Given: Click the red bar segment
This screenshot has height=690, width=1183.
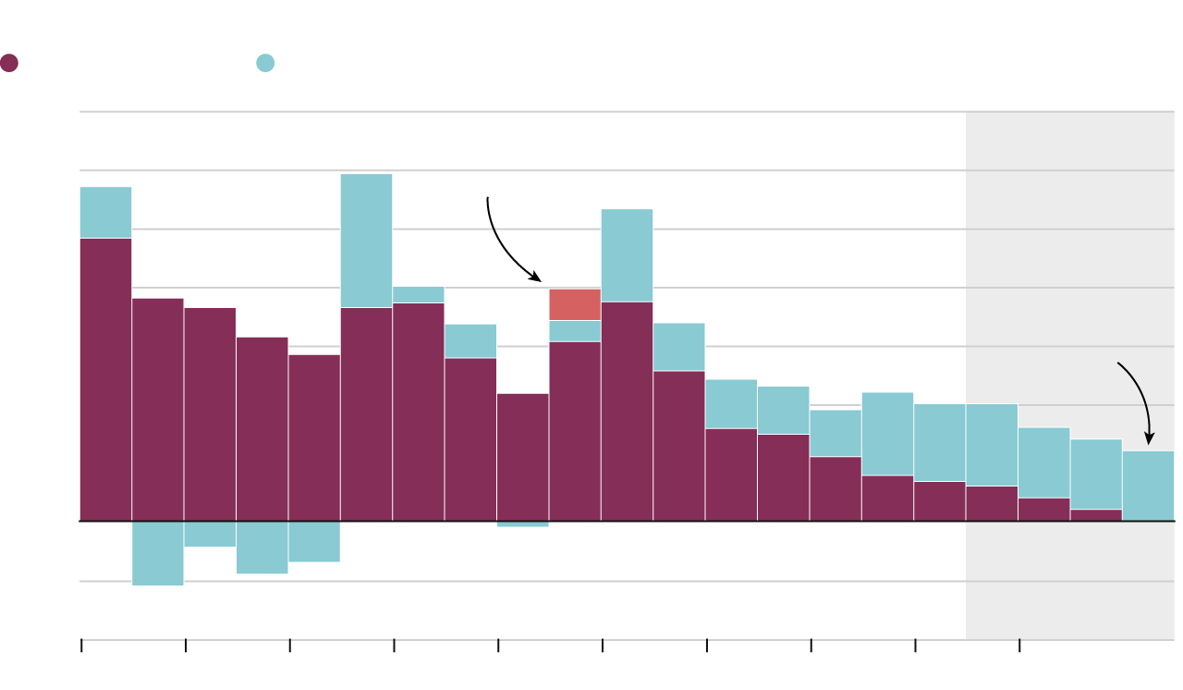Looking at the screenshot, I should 575,304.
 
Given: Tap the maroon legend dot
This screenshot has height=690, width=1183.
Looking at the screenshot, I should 9,63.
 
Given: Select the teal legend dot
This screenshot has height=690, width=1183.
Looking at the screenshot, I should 265,63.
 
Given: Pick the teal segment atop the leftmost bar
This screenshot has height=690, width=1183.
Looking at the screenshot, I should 105,213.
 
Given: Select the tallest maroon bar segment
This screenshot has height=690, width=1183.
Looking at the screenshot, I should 105,379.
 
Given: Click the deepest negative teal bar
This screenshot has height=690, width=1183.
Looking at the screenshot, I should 158,553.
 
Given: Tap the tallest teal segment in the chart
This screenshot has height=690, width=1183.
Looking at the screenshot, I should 366,240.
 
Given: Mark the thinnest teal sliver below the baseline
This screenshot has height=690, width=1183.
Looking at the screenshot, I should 522,524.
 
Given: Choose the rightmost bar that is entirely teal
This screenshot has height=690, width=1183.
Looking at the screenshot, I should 1148,486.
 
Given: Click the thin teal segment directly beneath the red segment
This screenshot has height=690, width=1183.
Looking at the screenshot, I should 575,331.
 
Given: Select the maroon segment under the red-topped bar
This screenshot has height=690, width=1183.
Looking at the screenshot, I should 575,431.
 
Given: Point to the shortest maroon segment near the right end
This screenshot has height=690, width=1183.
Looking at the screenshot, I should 1096,515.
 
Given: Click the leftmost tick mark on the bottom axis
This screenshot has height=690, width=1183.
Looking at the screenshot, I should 81,646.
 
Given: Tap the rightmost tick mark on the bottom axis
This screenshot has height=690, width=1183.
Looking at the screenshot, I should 1019,646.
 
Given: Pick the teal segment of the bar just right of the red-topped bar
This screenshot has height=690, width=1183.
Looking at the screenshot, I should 627,255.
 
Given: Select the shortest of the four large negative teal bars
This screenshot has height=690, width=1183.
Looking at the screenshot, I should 210,534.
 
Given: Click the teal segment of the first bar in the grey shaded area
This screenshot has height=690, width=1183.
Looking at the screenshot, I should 992,445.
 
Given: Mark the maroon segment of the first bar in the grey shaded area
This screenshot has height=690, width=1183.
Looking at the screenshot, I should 992,503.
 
